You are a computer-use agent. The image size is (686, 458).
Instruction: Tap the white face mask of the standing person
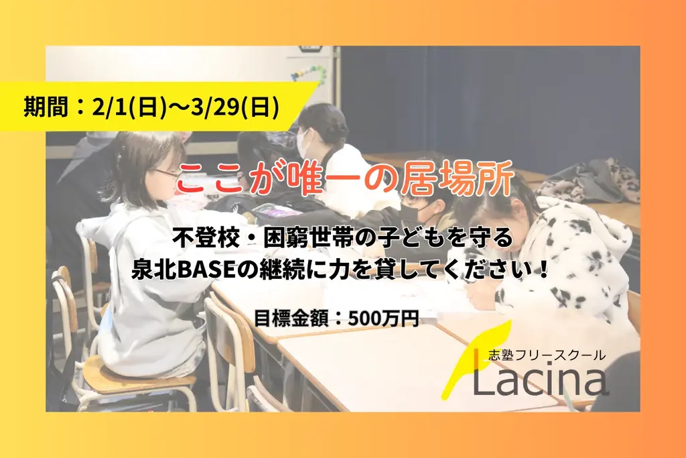[x=302, y=142]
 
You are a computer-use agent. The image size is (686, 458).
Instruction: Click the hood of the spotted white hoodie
[x=590, y=228]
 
